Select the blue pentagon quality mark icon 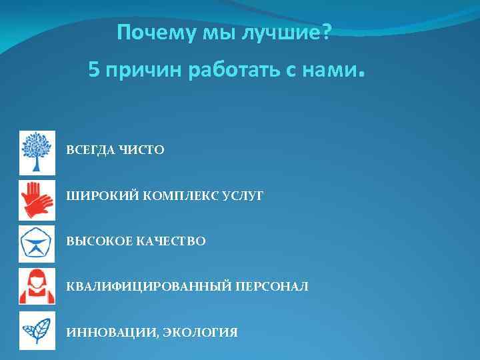coord(37,241)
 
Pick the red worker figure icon coord(37,287)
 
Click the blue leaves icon coord(37,331)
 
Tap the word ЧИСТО coord(141,151)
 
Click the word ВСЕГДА coord(91,151)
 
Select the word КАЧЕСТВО coord(171,241)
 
